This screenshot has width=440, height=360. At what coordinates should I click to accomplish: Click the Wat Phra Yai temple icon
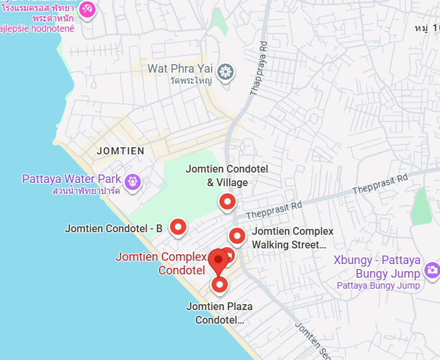(225, 71)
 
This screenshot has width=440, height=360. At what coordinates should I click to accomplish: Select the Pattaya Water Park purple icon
(133, 182)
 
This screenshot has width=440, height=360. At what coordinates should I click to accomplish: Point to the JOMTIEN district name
(120, 150)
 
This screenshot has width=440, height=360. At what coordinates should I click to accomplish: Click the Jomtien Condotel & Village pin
(226, 202)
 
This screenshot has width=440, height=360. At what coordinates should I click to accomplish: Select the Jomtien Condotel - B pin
(178, 226)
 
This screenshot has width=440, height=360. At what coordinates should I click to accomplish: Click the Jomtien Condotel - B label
(114, 228)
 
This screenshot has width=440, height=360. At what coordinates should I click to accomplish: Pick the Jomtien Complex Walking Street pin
(237, 236)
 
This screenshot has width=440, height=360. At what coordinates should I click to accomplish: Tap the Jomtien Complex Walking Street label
(292, 238)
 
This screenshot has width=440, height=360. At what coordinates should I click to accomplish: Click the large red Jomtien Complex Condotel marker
(219, 260)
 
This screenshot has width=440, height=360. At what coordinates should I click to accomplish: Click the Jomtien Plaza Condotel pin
(219, 284)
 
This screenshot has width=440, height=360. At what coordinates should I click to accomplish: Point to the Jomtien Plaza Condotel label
(219, 313)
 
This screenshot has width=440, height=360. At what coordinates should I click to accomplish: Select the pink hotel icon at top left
(87, 10)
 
